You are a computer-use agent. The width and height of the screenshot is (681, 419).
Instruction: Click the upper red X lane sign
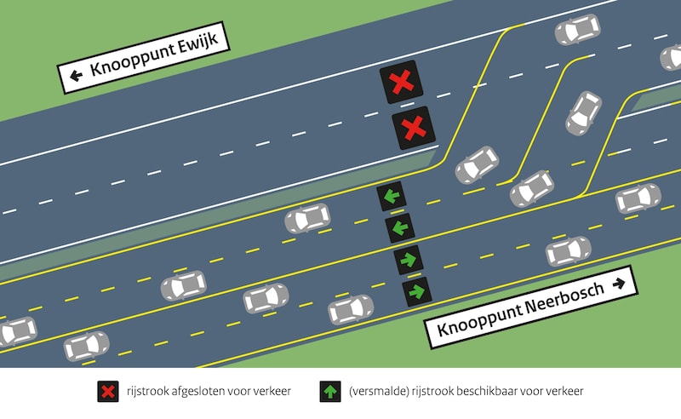point(398,83)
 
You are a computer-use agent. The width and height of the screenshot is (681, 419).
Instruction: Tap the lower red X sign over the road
point(413,129)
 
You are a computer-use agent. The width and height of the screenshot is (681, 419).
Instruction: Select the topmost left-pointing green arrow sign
point(391,197)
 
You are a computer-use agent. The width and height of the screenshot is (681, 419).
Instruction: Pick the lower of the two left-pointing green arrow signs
point(399,228)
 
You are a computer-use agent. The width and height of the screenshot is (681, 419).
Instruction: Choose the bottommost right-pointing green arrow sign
point(416,291)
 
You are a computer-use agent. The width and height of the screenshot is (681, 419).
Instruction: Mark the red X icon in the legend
point(107,392)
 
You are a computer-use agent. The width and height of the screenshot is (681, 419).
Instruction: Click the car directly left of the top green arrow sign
point(307,218)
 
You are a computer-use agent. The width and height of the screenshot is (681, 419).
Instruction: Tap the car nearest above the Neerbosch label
point(568,251)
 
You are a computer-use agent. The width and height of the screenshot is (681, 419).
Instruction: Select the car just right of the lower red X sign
point(477,165)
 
